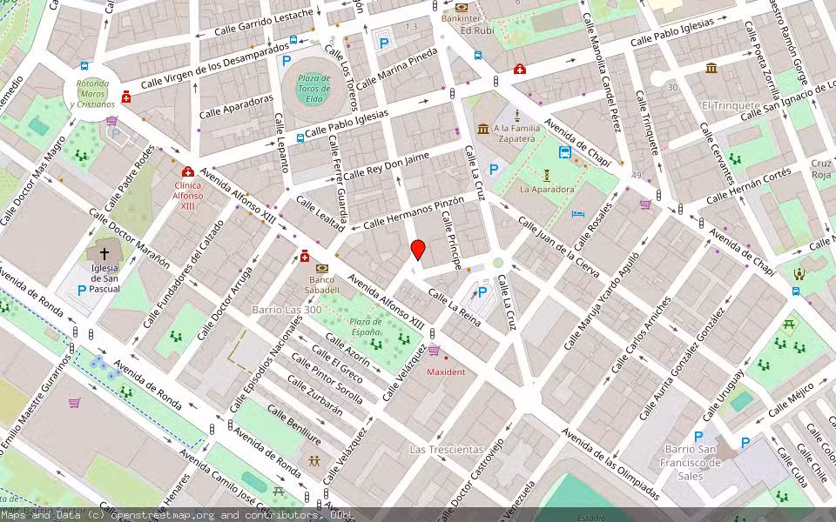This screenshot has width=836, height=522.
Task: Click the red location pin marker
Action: [x=418, y=250]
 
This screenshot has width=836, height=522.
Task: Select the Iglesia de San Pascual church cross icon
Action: [x=104, y=253]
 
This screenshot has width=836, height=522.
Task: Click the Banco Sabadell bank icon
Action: [x=322, y=268]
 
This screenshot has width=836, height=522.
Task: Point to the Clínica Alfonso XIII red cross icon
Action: [x=187, y=172]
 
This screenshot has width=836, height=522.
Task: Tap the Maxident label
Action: [x=446, y=371]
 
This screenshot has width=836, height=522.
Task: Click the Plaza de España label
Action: [x=354, y=327]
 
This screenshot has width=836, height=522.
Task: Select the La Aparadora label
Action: [x=547, y=189]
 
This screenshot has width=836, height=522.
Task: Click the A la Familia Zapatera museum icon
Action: [x=483, y=130]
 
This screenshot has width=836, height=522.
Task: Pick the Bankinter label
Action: [x=462, y=17]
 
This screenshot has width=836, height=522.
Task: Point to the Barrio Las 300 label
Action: [x=287, y=310]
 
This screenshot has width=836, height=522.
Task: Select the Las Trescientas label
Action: [x=446, y=449]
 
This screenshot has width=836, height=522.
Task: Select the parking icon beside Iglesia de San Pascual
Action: [x=82, y=290]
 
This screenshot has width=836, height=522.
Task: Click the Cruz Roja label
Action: [x=821, y=169]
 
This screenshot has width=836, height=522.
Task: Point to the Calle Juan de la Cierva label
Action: [x=558, y=248]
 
